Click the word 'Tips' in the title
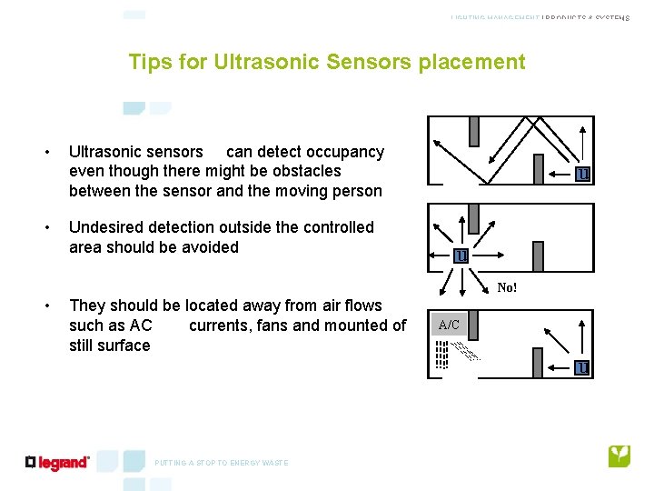148,62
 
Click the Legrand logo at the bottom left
58,463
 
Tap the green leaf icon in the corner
619,456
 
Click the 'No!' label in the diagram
507,287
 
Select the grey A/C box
449,324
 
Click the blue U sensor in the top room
582,174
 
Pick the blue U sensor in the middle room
461,256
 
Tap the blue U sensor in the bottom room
581,367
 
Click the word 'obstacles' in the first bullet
307,171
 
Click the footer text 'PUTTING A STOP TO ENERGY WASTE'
221,463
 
